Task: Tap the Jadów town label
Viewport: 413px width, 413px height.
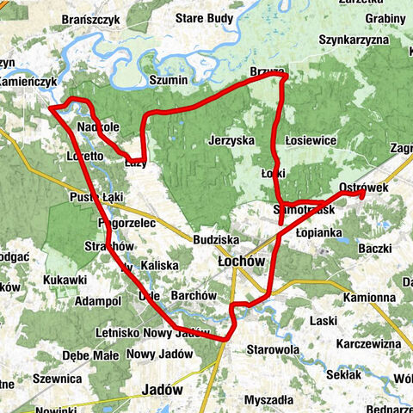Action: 163,389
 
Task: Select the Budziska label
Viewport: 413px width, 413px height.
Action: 216,238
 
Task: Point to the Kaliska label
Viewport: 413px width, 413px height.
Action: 158,265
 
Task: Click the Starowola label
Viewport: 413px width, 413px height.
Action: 272,350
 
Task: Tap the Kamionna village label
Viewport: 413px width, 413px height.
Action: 368,297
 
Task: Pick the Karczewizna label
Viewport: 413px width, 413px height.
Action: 370,343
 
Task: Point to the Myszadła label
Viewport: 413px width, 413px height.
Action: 268,400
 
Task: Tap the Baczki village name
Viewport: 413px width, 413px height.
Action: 376,249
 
